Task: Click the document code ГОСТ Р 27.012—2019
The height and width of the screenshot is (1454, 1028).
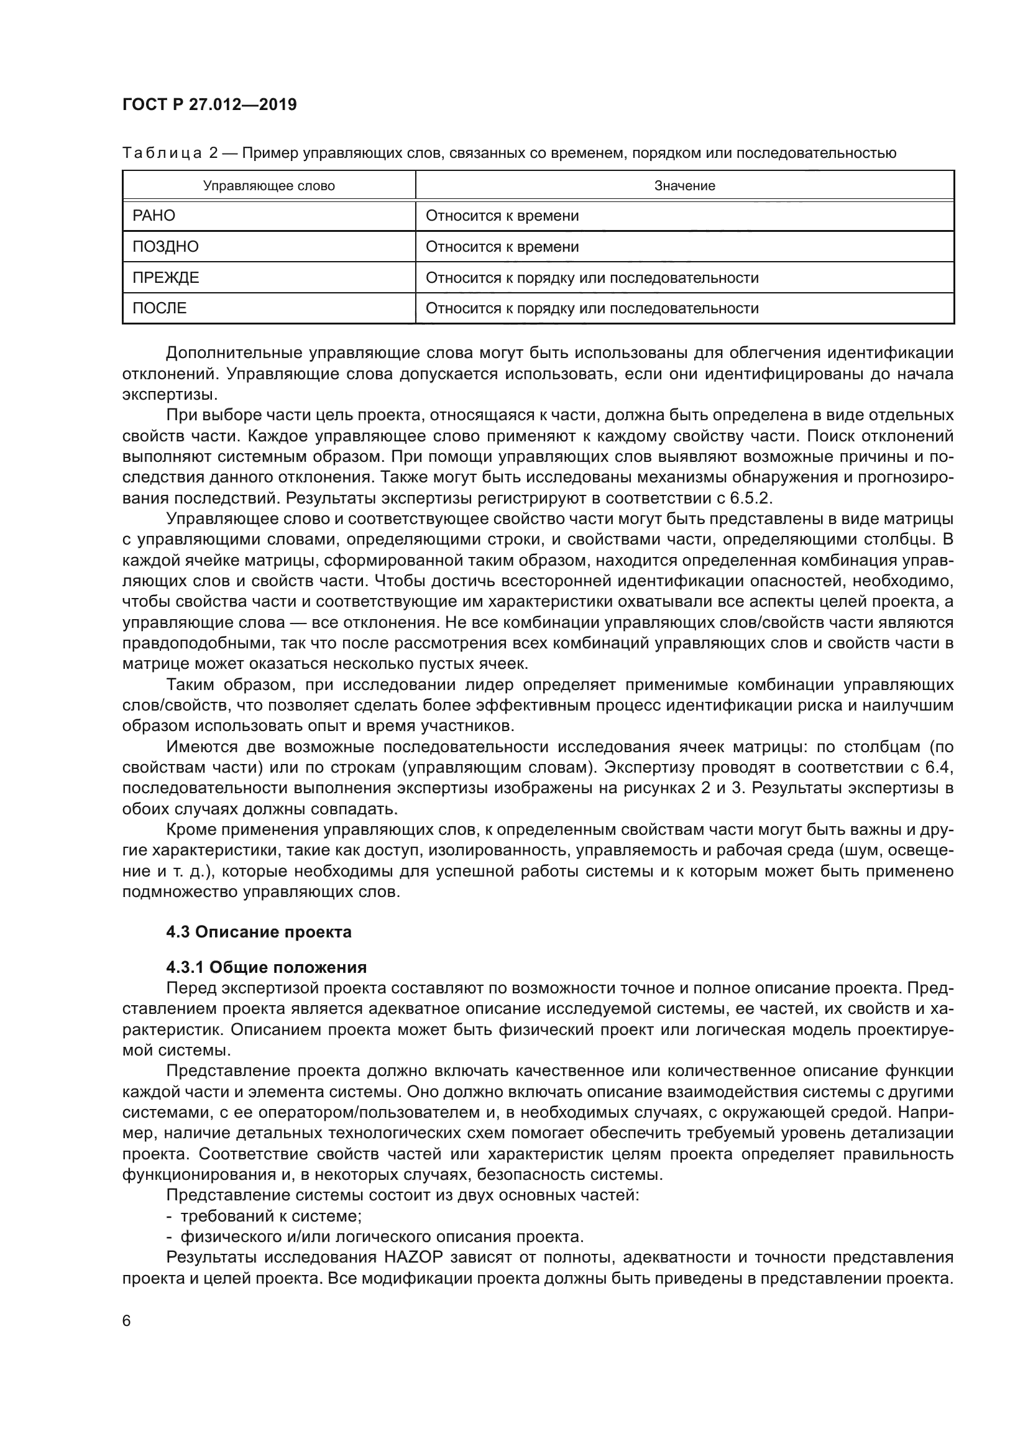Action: point(209,104)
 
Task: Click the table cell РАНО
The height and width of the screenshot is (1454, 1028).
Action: point(154,216)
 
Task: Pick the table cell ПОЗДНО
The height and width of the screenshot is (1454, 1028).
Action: point(165,246)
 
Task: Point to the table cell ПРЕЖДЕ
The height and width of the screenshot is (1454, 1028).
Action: point(165,277)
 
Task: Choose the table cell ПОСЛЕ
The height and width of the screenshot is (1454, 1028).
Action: point(160,308)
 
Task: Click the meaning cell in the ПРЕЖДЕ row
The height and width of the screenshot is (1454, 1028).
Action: point(591,277)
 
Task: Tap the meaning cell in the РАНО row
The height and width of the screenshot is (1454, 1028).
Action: point(502,216)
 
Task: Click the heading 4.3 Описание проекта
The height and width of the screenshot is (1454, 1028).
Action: point(259,932)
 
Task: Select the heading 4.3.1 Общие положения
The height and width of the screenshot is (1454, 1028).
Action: point(266,967)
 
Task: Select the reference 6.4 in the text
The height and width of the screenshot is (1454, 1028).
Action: point(939,768)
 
